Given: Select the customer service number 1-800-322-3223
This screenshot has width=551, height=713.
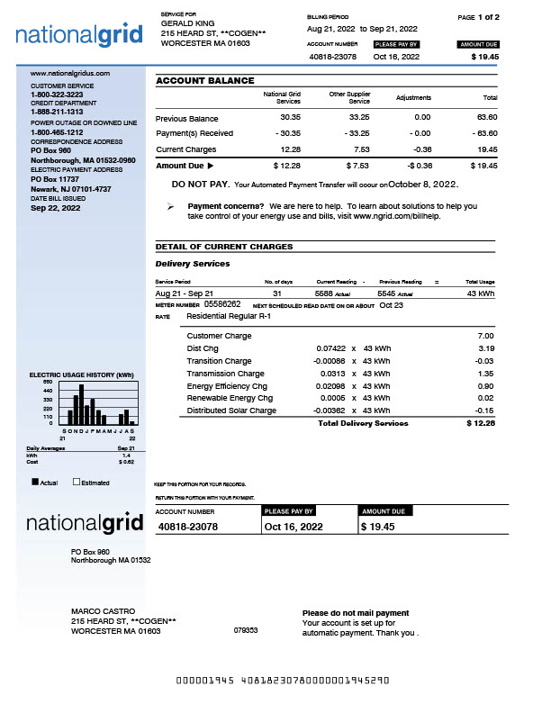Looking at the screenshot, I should (x=57, y=95).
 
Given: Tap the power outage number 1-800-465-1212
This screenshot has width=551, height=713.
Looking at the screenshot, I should (x=57, y=132).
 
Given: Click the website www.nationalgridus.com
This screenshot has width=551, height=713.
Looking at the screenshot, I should (x=70, y=73).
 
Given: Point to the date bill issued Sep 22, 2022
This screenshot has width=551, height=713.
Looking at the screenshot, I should (x=56, y=208).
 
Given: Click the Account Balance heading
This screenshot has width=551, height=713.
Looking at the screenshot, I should (x=204, y=80).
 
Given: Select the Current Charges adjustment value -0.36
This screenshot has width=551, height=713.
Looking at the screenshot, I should (x=420, y=149).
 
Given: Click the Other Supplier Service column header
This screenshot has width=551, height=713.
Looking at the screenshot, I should (x=349, y=97).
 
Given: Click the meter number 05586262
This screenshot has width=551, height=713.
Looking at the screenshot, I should (x=222, y=304).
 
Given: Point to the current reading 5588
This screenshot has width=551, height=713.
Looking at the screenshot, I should (x=323, y=293).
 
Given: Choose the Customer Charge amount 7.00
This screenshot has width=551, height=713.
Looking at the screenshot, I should (x=485, y=336).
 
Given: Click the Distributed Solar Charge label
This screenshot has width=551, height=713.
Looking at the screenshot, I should (x=231, y=411).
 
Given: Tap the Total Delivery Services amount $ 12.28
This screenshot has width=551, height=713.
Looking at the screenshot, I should (x=481, y=423).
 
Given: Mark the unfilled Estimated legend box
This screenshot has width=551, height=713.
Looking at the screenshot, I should (x=77, y=483).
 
